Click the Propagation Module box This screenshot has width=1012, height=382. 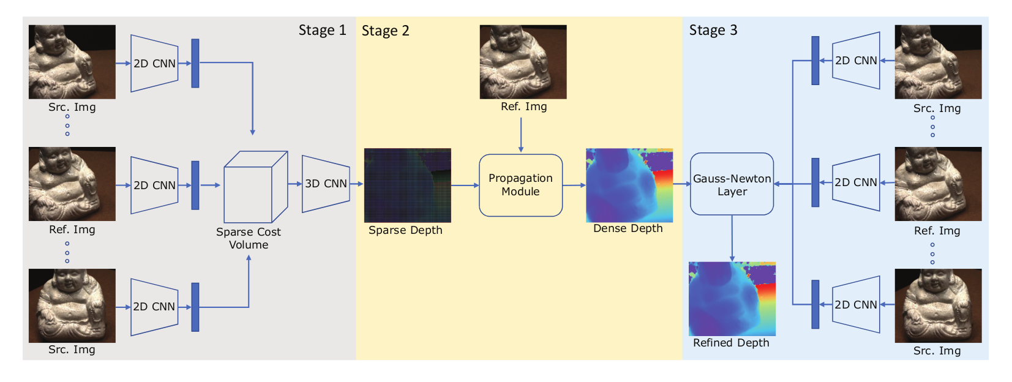[x=520, y=185]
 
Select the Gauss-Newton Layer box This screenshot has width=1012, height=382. [x=732, y=184]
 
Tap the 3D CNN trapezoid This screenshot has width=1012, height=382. [x=326, y=184]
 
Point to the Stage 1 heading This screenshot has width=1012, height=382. [x=322, y=30]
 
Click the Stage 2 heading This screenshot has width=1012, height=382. [x=385, y=31]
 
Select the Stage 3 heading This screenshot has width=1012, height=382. [x=713, y=30]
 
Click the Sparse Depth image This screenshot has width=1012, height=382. [x=407, y=185]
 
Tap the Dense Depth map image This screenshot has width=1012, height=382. [x=629, y=185]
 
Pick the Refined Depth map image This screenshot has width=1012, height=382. [x=732, y=298]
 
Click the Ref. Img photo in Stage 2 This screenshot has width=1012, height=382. [x=523, y=61]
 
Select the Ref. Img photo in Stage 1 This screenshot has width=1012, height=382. [x=72, y=184]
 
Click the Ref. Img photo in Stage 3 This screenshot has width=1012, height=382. [x=938, y=184]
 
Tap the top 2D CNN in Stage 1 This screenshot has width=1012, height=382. [x=154, y=63]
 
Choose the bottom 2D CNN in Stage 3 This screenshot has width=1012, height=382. [x=856, y=304]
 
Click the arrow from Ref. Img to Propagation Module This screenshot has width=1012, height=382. [x=521, y=134]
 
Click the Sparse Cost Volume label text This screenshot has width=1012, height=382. [x=248, y=238]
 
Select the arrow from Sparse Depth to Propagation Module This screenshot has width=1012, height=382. [x=465, y=185]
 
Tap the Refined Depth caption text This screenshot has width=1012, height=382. [x=731, y=343]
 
